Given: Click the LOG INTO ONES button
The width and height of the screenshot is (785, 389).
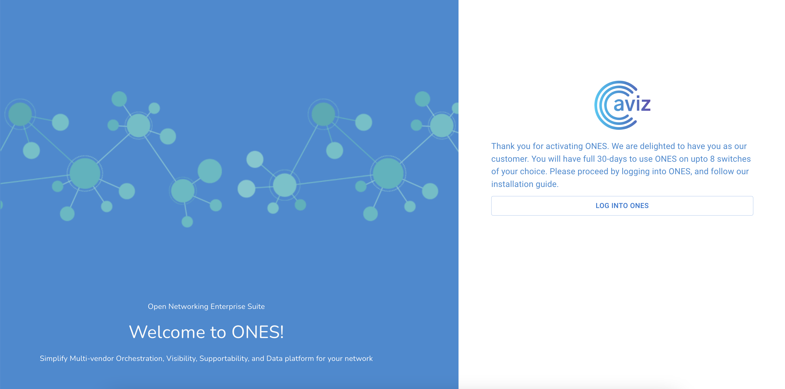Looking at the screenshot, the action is [622, 206].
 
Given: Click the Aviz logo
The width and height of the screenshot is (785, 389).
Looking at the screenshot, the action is [622, 105].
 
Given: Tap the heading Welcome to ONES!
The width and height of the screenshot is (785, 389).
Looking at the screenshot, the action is [206, 332].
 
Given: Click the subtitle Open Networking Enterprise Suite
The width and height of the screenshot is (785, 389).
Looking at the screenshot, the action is [206, 306].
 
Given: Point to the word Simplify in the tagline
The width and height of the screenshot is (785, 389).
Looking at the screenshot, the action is [53, 359].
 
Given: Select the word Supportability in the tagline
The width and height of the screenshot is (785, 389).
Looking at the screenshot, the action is [224, 359].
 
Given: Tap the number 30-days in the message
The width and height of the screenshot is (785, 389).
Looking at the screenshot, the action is [612, 159].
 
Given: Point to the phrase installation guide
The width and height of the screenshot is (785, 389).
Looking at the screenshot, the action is [525, 184].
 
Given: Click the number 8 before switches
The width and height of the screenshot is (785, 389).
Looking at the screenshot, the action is [712, 159].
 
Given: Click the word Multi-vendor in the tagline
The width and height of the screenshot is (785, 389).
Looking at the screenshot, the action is [92, 359].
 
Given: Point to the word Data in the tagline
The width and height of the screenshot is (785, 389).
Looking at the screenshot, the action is [274, 359].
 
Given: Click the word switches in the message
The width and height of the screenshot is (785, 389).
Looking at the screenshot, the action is [734, 159].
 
